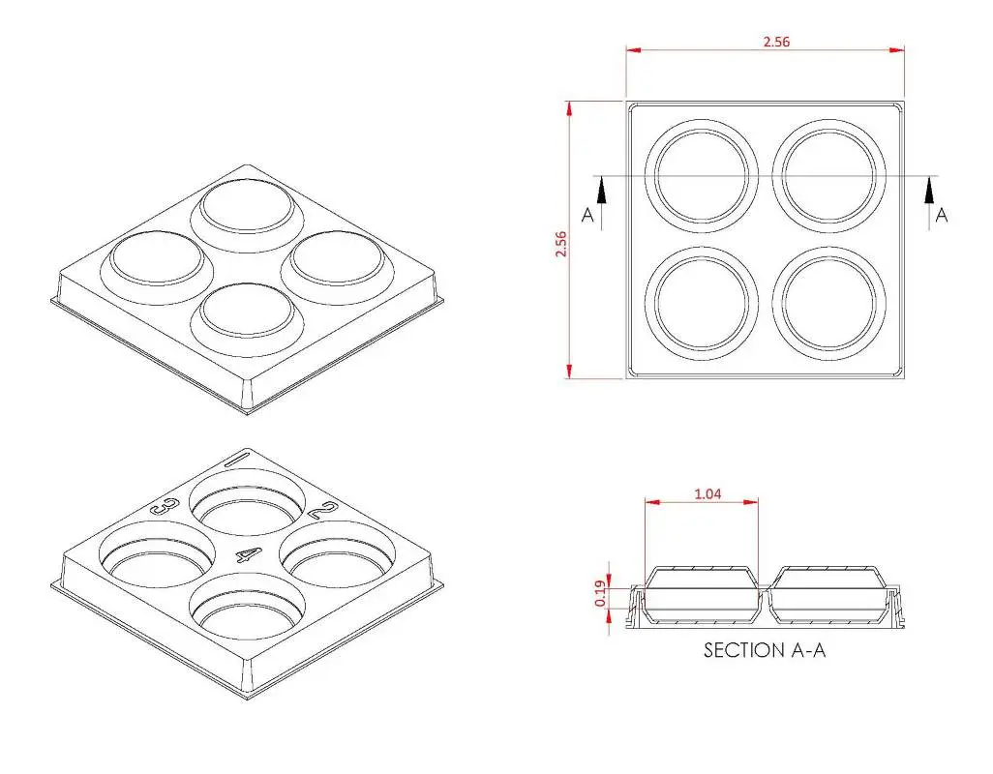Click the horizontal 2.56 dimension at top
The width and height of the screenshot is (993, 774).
click(x=776, y=43)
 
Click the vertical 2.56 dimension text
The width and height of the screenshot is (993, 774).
click(x=560, y=243)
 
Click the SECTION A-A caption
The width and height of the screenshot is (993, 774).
click(x=765, y=650)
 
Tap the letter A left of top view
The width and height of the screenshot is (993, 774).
click(x=587, y=216)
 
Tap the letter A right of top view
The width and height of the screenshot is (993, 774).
click(x=942, y=216)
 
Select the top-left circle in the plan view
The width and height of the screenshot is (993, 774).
click(x=703, y=174)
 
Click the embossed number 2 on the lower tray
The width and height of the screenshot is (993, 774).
click(x=326, y=511)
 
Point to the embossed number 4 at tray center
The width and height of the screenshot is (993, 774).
click(x=249, y=555)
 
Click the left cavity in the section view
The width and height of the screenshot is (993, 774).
click(x=701, y=595)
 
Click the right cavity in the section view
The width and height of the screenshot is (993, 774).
click(x=828, y=595)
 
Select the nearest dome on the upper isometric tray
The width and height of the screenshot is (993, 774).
click(x=246, y=312)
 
